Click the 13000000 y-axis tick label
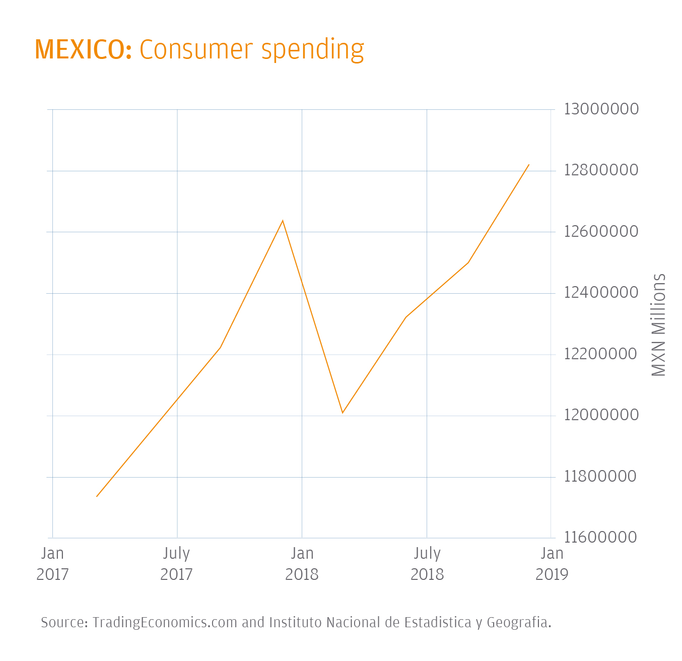(x=601, y=109)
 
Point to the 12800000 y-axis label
(x=601, y=170)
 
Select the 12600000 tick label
(x=601, y=231)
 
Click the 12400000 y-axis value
(x=601, y=293)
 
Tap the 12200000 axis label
(x=601, y=354)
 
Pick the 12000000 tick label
(x=601, y=415)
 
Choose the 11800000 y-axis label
(x=601, y=476)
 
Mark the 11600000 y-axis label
(x=601, y=538)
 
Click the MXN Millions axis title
(x=659, y=325)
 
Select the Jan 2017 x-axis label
(x=52, y=564)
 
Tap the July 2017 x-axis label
(x=177, y=564)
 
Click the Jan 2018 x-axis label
(x=302, y=564)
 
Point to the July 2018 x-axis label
(x=427, y=564)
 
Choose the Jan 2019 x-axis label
(x=552, y=564)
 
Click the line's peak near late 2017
(x=283, y=221)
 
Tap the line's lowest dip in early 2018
(x=343, y=413)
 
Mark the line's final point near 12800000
(x=529, y=165)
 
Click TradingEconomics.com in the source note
(x=165, y=623)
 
